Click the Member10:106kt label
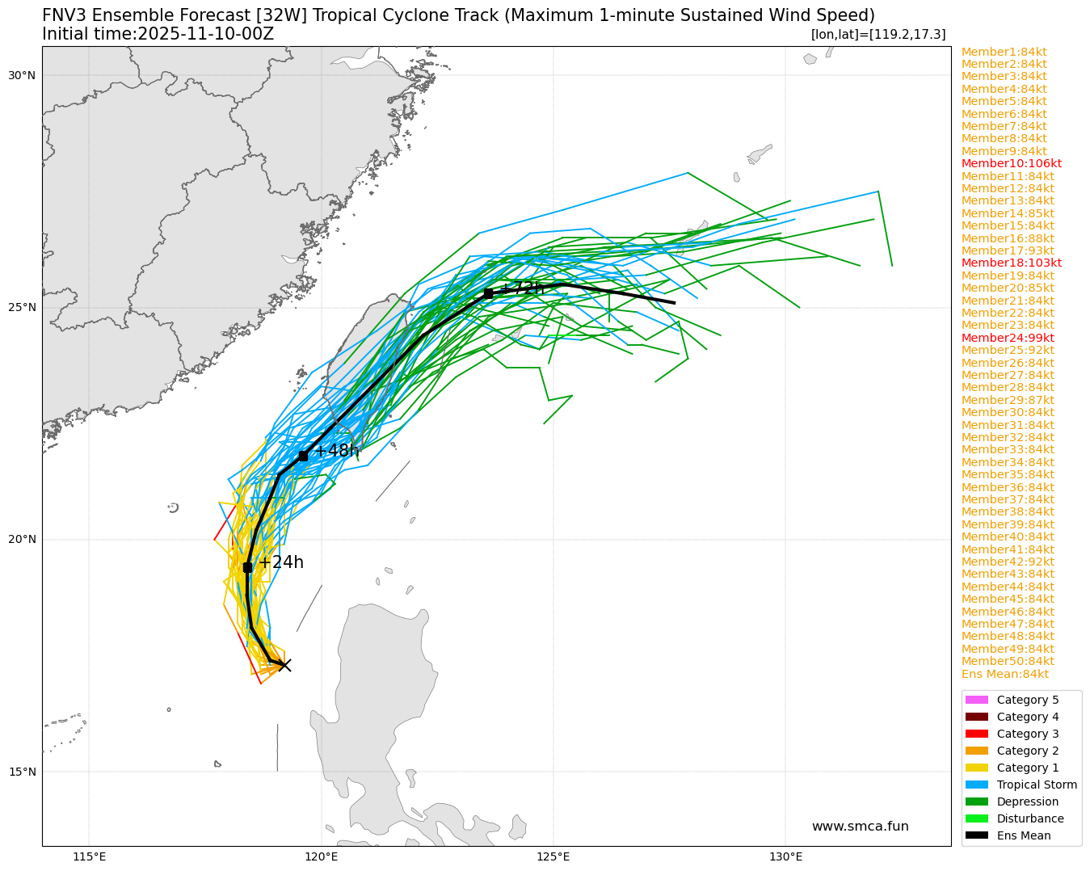[1011, 164]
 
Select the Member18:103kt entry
[1011, 263]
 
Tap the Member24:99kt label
[1008, 338]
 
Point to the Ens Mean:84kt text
[1004, 674]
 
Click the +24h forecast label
[280, 562]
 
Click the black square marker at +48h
[303, 457]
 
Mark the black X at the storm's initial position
[284, 665]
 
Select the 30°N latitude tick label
[22, 75]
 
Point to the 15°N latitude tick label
[22, 772]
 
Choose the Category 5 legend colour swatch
[976, 700]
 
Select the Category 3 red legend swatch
[976, 734]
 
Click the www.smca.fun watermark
[860, 826]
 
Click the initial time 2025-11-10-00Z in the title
[206, 34]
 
